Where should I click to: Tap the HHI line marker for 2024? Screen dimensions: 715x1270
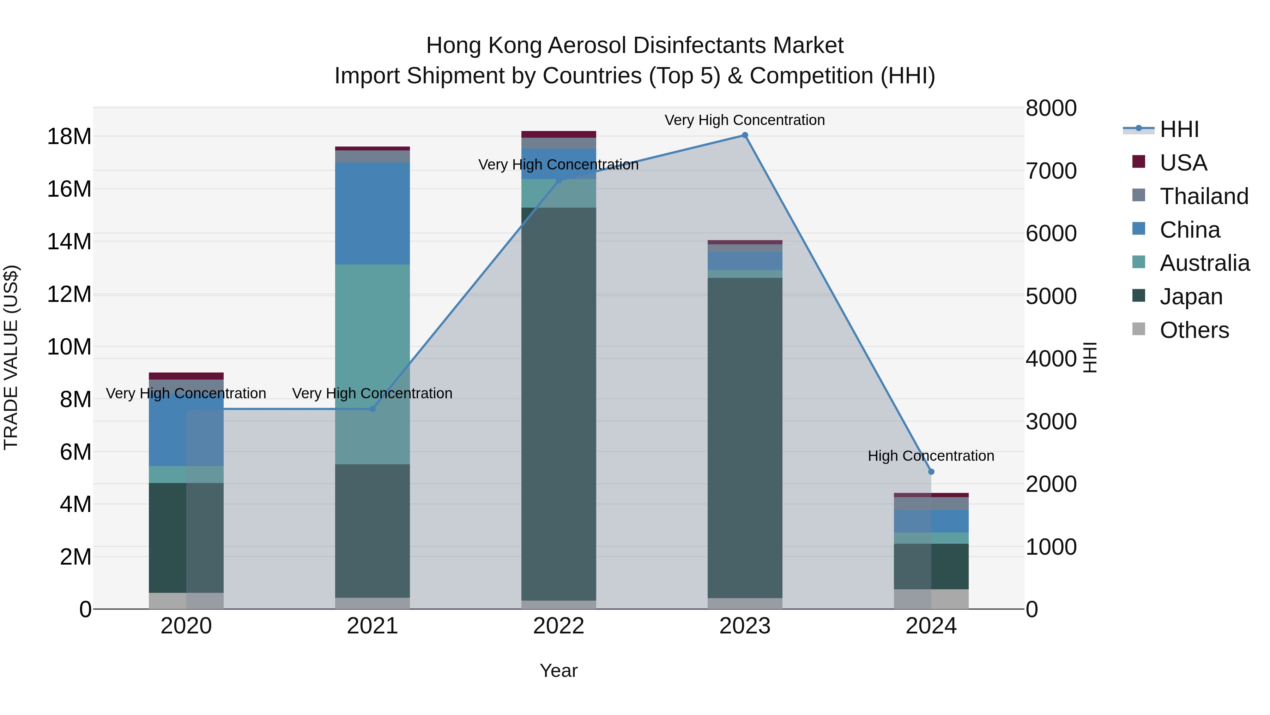[x=931, y=472]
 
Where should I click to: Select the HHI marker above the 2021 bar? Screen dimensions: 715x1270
[x=372, y=409]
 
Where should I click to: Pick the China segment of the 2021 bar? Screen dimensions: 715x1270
[x=372, y=213]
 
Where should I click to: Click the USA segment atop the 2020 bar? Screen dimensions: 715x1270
[x=186, y=376]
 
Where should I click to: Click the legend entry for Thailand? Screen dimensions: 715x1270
[x=1203, y=196]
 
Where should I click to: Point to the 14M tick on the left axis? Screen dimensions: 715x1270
[x=69, y=242]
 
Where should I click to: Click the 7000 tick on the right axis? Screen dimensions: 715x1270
[x=1051, y=171]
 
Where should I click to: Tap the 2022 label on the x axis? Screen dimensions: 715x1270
[x=558, y=626]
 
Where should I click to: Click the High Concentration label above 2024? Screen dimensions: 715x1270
[x=931, y=456]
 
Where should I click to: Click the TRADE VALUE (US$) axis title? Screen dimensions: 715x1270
[x=11, y=357]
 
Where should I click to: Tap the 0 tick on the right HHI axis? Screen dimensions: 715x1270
[x=1032, y=610]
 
